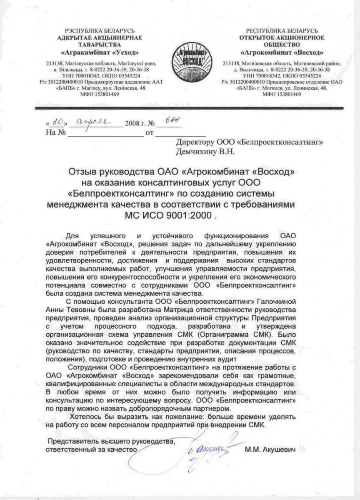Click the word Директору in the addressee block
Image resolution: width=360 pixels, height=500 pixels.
[195, 142]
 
